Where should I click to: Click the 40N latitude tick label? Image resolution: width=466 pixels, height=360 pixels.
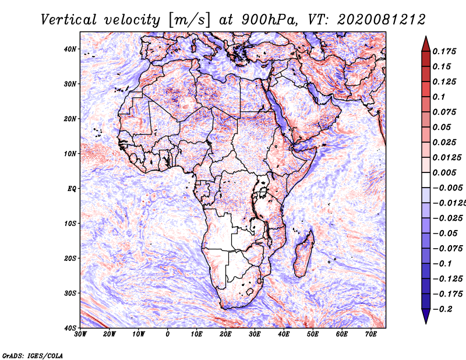70,49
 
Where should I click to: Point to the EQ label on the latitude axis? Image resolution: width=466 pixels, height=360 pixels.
72,189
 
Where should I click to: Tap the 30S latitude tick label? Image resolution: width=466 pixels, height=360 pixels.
70,294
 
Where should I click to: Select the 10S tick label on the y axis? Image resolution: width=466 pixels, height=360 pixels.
70,224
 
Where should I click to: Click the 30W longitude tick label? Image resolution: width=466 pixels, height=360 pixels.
80,334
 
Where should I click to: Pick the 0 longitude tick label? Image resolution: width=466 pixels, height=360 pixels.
168,334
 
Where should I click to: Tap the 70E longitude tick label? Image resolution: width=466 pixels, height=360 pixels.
370,334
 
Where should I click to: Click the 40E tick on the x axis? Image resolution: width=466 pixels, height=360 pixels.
284,334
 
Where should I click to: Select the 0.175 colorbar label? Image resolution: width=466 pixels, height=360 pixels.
444,51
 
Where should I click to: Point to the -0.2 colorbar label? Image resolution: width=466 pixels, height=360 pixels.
443,309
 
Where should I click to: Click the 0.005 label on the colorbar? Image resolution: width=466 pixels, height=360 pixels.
444,172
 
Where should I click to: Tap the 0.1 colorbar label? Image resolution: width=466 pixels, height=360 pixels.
439,97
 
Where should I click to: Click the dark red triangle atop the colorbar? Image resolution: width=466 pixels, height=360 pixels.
426,45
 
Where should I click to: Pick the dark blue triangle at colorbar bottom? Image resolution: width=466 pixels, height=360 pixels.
426,316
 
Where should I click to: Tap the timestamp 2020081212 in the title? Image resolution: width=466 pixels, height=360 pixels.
382,20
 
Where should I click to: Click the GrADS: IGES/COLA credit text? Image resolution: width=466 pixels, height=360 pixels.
33,355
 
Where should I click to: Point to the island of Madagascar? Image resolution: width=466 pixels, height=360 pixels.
304,253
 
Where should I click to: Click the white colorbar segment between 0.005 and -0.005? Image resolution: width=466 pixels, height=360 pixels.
426,180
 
